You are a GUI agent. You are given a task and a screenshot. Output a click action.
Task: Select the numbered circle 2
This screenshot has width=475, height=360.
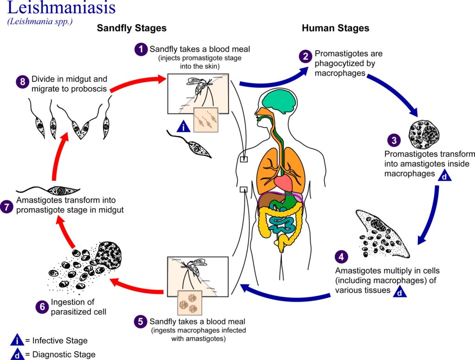click(305, 57)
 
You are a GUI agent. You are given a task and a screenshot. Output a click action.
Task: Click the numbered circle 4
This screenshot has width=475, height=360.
click(341, 257)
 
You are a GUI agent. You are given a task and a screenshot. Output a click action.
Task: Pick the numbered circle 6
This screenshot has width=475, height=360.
click(42, 306)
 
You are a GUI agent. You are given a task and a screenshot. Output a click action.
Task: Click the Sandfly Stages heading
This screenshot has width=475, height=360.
click(131, 28)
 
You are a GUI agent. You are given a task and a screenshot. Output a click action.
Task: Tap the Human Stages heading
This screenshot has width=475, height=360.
click(335, 28)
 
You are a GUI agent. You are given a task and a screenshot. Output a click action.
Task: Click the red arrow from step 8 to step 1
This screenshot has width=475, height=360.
click(135, 82)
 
